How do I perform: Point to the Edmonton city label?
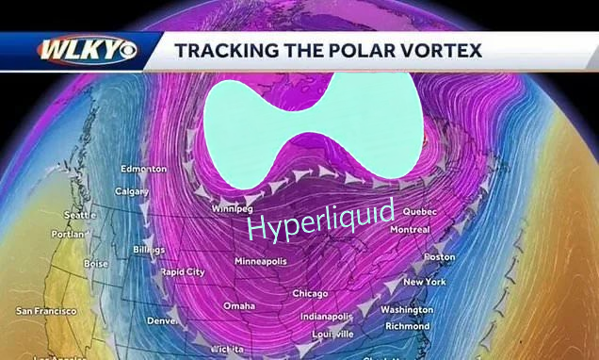pyautogui.click(x=143, y=169)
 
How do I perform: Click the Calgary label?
pyautogui.click(x=132, y=192)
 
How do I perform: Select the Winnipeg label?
pyautogui.click(x=231, y=207)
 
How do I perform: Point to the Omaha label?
pyautogui.click(x=238, y=306)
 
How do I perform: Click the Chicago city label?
pyautogui.click(x=310, y=293)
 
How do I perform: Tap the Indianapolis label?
pyautogui.click(x=325, y=317)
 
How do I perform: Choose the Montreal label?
pyautogui.click(x=410, y=229)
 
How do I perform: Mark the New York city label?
pyautogui.click(x=424, y=282)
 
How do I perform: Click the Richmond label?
pyautogui.click(x=407, y=326)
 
